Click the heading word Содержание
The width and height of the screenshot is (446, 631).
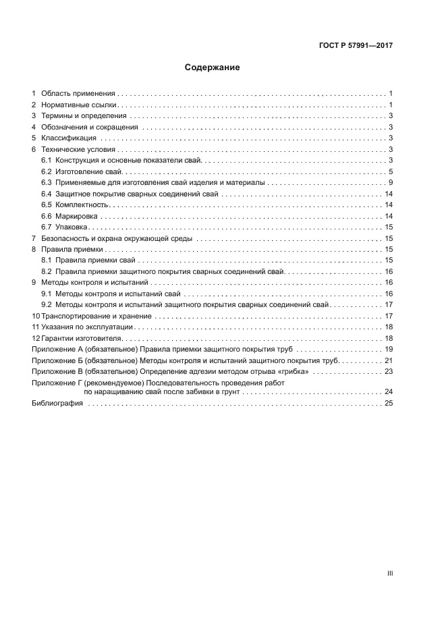click(x=213, y=67)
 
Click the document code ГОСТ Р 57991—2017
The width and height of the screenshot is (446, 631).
click(x=356, y=47)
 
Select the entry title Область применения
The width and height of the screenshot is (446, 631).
click(x=78, y=93)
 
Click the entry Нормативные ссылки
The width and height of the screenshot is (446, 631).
click(x=79, y=105)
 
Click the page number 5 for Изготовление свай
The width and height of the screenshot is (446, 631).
click(x=391, y=172)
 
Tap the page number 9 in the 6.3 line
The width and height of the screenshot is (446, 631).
click(x=391, y=183)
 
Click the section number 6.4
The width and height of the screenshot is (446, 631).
click(x=47, y=194)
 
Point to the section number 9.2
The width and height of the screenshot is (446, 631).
click(x=47, y=304)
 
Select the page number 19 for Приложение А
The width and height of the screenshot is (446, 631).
click(x=389, y=350)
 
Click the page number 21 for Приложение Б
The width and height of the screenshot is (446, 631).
click(x=389, y=360)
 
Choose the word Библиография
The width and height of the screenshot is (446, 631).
click(x=57, y=404)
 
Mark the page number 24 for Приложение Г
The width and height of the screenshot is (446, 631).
click(x=389, y=392)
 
